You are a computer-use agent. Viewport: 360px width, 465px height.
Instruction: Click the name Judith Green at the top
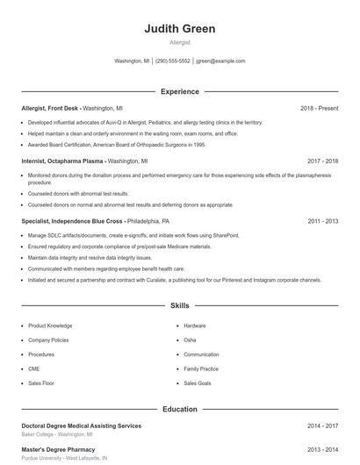[179, 29]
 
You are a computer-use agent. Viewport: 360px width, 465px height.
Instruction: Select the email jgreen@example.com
[220, 61]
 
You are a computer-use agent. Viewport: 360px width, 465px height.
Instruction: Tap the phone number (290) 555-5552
[173, 61]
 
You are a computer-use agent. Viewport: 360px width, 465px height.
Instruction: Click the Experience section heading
[179, 91]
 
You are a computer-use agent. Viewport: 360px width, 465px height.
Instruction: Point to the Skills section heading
[179, 306]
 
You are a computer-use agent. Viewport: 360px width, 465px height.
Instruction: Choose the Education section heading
[179, 409]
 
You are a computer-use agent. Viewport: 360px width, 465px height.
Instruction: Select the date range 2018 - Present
[319, 108]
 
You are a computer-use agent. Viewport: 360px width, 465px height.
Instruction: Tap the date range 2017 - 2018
[322, 161]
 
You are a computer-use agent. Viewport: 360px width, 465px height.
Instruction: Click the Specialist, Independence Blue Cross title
[72, 221]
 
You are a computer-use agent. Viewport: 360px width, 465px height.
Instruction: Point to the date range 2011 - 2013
[322, 221]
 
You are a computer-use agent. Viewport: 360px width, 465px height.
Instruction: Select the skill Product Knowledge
[50, 325]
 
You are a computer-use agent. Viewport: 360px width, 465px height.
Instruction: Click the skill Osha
[190, 340]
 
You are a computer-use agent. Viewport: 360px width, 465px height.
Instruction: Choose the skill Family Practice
[201, 369]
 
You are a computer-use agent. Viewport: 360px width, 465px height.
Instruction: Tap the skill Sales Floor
[41, 383]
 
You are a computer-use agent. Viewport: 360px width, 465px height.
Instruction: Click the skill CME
[34, 369]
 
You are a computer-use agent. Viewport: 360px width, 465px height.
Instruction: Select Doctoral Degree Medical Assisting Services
[81, 426]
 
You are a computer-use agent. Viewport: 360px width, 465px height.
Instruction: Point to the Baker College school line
[56, 434]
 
